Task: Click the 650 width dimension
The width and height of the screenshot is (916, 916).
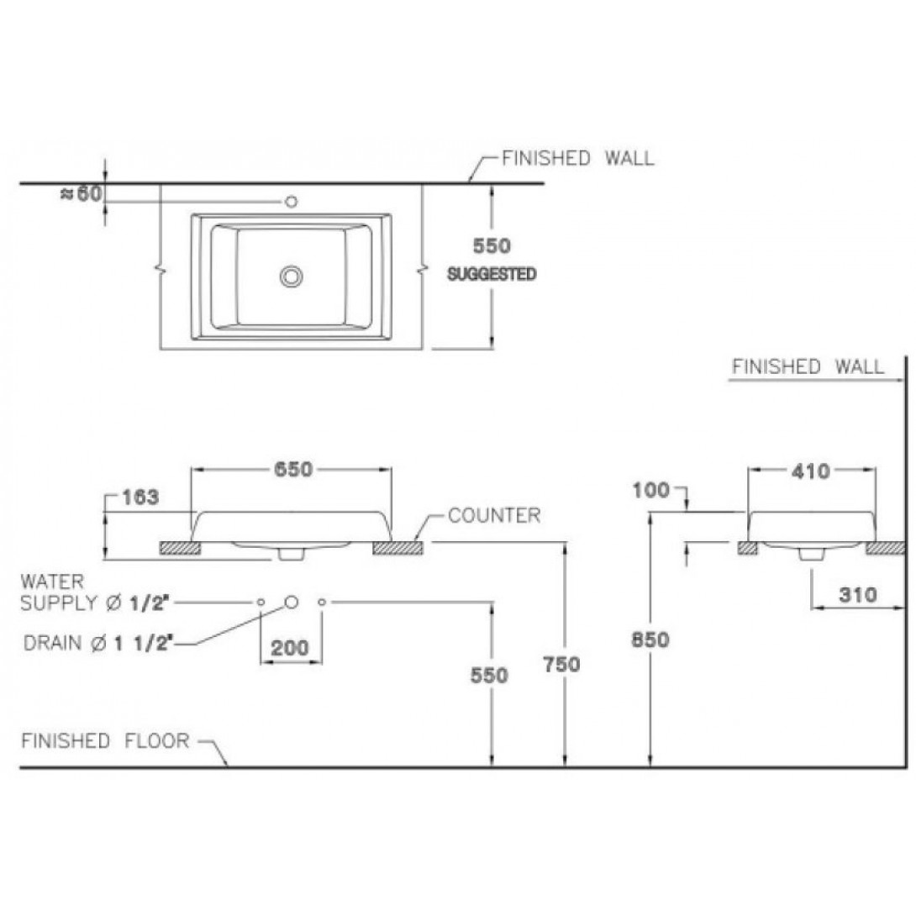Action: click(x=293, y=470)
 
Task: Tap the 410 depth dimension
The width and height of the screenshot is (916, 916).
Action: click(x=811, y=471)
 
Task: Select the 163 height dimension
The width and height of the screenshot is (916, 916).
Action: click(x=140, y=497)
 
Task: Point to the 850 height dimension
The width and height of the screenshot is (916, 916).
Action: click(x=650, y=640)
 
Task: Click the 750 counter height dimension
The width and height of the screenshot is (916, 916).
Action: click(x=561, y=665)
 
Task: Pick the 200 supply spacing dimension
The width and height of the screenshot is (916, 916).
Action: click(x=290, y=648)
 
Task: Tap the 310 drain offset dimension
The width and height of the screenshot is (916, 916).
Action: click(x=858, y=595)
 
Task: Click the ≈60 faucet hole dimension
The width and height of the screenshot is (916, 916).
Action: click(x=82, y=194)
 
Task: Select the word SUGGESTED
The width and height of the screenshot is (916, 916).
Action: click(x=492, y=274)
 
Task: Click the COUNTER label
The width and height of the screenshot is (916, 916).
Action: click(x=494, y=515)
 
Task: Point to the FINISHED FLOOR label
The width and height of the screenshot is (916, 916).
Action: click(x=105, y=740)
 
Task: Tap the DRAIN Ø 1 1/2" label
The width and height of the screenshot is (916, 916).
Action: click(x=98, y=643)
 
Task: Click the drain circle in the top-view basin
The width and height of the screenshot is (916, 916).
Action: click(x=291, y=276)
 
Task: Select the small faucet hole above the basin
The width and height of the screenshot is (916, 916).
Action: click(x=291, y=203)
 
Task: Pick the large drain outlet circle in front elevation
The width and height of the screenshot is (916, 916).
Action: click(x=292, y=602)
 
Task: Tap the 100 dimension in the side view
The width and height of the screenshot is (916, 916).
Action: click(x=650, y=491)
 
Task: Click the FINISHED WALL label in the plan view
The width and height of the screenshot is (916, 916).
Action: click(x=578, y=158)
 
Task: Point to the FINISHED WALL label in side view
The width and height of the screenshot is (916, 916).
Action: click(x=808, y=367)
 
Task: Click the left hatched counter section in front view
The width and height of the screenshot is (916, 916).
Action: click(x=181, y=548)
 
